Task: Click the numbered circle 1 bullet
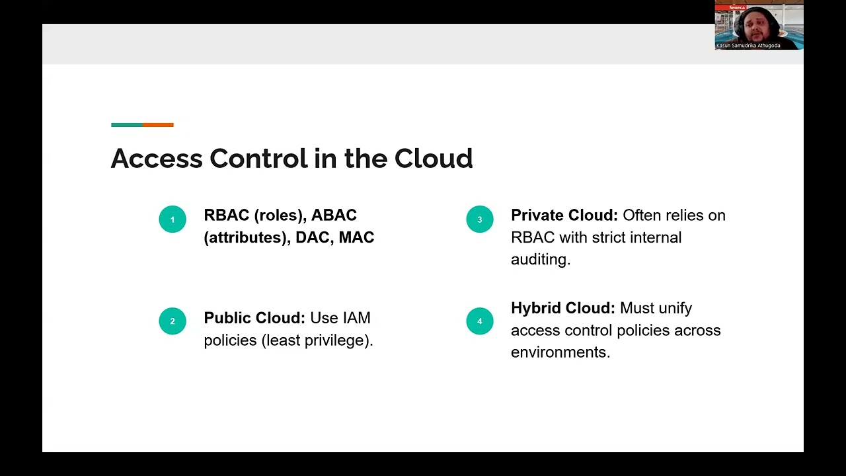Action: click(173, 219)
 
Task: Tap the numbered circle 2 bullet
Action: click(173, 321)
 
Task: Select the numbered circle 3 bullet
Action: click(480, 219)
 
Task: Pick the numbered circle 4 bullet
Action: click(480, 321)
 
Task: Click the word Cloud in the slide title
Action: click(434, 159)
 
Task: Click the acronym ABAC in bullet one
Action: click(334, 216)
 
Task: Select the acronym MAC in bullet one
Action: click(356, 237)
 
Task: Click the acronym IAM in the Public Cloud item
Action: click(357, 318)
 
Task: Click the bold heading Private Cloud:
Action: click(564, 216)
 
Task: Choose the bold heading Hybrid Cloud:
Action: click(562, 308)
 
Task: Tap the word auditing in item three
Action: click(540, 259)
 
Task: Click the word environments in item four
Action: click(560, 352)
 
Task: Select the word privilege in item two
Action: click(335, 340)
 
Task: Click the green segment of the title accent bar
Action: click(127, 124)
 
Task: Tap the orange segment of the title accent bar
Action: click(158, 124)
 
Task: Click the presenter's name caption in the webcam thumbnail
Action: click(748, 46)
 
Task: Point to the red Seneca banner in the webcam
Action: click(737, 7)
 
